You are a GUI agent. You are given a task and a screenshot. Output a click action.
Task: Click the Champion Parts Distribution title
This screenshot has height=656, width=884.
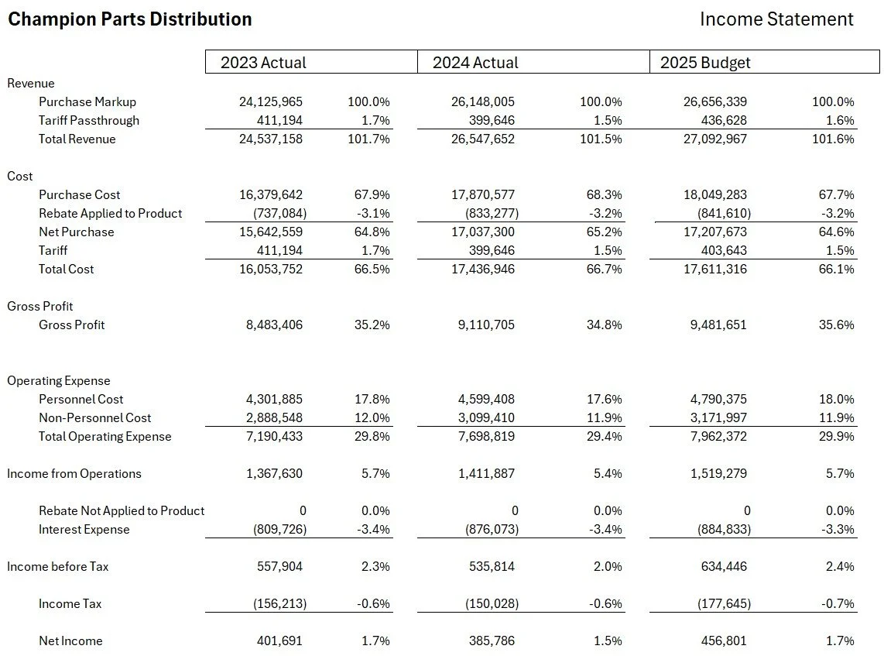[129, 19]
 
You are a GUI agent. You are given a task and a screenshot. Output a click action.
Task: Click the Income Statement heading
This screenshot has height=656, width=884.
[776, 19]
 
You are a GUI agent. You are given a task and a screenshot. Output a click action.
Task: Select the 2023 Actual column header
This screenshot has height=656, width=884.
[263, 63]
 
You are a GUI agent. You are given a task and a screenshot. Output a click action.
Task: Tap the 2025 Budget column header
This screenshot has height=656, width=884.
[705, 63]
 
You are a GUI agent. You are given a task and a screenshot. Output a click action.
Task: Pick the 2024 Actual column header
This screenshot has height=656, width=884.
[475, 63]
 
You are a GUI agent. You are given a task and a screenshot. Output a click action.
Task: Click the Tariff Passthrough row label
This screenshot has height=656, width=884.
[89, 120]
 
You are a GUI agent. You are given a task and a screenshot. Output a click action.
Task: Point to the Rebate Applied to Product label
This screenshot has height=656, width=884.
[110, 213]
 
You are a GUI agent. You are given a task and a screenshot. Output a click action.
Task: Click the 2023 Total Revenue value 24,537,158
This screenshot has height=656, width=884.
[270, 139]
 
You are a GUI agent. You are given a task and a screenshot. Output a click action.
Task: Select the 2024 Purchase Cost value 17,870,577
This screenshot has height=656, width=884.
[482, 194]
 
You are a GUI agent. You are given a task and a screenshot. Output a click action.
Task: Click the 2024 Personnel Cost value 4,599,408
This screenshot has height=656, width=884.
[485, 399]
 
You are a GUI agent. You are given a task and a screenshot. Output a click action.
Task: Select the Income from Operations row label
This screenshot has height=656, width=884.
[74, 473]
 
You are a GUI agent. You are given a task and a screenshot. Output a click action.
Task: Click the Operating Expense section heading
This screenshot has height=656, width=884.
[59, 380]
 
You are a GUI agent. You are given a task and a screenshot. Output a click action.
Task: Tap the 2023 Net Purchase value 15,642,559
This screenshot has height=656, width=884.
[270, 232]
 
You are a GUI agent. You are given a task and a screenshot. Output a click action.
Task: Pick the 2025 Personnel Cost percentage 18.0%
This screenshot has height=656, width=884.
[836, 399]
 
